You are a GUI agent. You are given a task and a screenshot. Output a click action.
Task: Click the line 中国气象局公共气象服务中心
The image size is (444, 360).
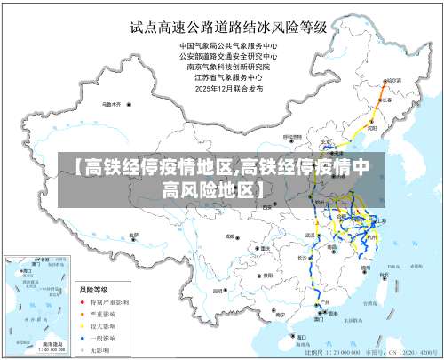pos(228,44)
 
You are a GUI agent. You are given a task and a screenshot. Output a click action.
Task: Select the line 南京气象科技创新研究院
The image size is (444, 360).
pos(228,65)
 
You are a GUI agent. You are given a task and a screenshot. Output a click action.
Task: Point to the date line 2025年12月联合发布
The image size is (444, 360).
pos(228,87)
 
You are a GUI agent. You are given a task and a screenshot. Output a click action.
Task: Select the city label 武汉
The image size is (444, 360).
pos(311,235)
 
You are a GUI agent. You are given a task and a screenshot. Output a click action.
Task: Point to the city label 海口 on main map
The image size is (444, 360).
pos(302,337)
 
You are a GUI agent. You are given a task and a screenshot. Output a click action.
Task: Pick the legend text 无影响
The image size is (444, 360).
pos(99,348)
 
